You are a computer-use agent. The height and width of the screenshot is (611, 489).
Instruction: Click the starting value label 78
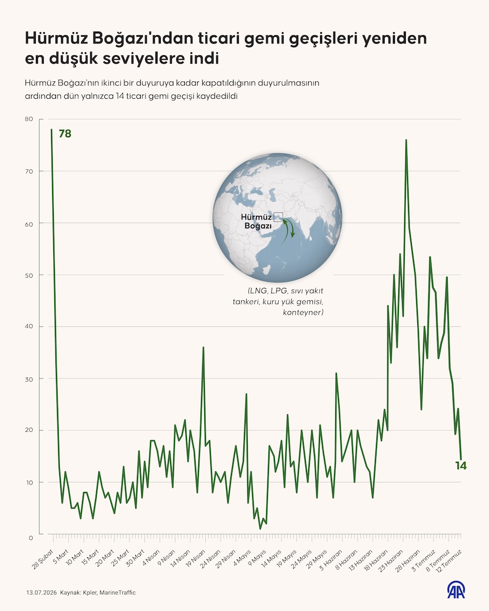[65, 134]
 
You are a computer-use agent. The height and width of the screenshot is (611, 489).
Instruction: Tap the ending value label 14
[461, 465]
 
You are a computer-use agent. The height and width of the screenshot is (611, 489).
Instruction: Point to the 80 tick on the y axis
[29, 119]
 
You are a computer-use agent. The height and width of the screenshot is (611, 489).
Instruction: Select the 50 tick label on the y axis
[29, 275]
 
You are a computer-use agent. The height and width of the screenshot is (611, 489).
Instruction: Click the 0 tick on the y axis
[31, 538]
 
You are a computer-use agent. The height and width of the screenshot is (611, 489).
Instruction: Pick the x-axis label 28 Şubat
[42, 559]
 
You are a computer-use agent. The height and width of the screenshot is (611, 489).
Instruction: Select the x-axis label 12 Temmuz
[449, 560]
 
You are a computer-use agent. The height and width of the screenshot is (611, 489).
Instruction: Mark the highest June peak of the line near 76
[406, 140]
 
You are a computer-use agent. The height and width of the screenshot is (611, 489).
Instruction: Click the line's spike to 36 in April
[203, 347]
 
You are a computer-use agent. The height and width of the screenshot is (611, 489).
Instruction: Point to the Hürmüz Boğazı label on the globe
[256, 222]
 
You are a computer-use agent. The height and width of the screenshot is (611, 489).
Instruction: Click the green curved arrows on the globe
[290, 229]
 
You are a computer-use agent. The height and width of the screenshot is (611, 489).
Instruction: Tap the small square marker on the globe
[278, 217]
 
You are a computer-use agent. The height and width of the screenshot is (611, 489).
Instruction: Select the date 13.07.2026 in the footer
[42, 593]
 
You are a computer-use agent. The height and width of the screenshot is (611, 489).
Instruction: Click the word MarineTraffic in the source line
[117, 593]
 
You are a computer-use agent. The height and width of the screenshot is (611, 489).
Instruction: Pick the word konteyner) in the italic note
[303, 312]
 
